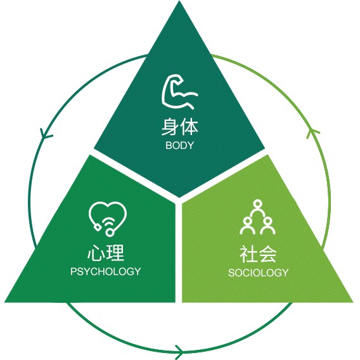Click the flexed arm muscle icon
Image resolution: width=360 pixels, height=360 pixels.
[179, 92]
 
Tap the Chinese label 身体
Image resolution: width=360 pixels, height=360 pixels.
[180, 127]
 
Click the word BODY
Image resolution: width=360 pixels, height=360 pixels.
[180, 146]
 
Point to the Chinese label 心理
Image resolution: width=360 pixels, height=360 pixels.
[106, 252]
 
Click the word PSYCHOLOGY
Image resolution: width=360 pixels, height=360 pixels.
[106, 272]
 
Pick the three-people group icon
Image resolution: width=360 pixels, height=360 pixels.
[257, 217]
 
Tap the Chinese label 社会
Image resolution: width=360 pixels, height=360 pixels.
[258, 254]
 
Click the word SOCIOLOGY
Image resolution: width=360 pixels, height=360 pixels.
[259, 273]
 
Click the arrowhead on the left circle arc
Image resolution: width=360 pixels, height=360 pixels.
[46, 134]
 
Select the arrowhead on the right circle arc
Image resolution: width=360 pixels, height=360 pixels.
[312, 133]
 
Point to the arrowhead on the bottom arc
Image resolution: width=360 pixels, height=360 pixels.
[180, 352]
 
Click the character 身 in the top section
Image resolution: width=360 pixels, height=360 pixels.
[170, 127]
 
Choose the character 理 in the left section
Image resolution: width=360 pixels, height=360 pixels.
[116, 252]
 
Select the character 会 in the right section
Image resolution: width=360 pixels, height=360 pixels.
[267, 254]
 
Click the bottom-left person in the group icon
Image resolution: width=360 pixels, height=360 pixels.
[247, 226]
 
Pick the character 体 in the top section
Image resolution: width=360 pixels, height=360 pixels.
[189, 127]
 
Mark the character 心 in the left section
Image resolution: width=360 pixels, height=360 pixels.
[96, 252]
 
